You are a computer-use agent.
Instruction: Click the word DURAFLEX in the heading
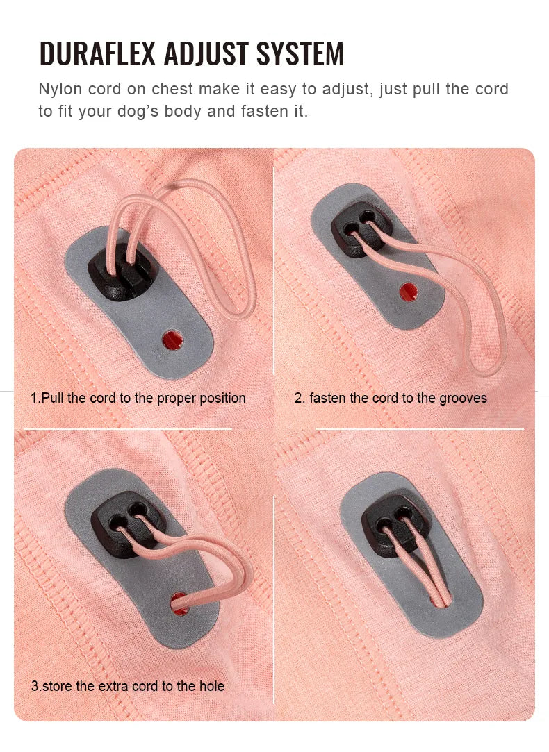coord(97,54)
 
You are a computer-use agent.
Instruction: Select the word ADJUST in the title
coord(208,54)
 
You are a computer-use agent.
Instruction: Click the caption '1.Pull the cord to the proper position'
coord(138,398)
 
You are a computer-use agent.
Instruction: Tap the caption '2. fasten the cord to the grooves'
coord(391,398)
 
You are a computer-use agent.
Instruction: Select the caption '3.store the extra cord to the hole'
coord(128,686)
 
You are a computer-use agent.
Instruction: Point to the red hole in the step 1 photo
coord(171,340)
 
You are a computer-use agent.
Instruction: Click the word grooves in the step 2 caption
coord(464,398)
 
